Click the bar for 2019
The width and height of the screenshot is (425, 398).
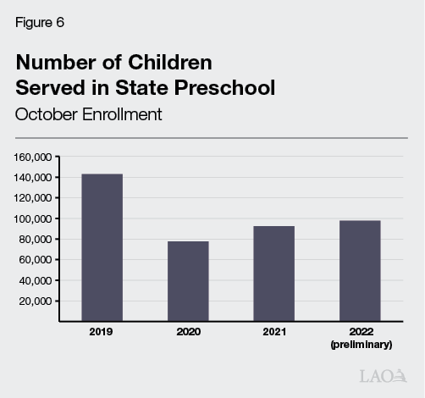coord(102,247)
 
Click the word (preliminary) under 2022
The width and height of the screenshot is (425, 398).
coord(360,345)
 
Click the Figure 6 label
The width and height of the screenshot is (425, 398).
coord(39,23)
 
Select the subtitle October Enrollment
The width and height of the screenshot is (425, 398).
coord(88,113)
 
